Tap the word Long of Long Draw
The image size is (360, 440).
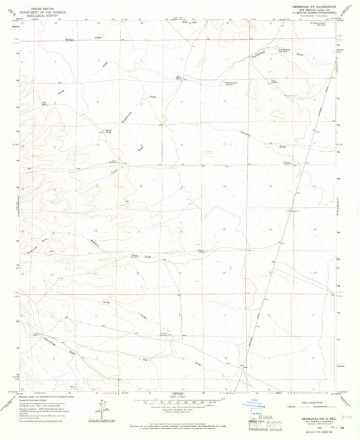[x=105, y=305]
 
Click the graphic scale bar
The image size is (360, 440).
[x=180, y=402]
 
